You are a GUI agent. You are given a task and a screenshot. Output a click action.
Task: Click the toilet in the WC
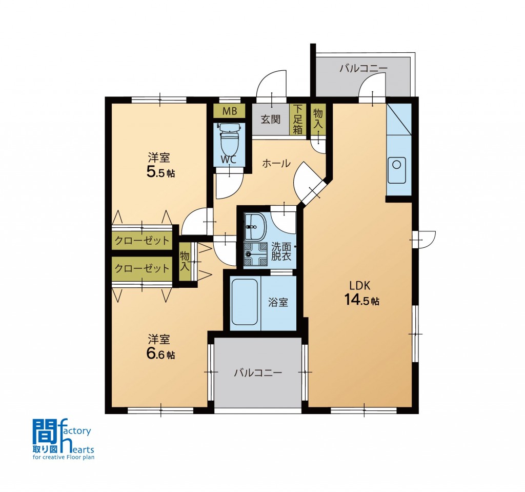pos(229,139)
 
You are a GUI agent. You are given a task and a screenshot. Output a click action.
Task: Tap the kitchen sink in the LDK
pos(396,170)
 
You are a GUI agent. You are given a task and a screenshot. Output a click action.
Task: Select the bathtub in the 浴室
pos(245,302)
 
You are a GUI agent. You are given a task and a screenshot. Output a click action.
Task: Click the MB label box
pos(230,111)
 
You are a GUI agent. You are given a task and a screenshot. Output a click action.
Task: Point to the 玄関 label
pos(271,120)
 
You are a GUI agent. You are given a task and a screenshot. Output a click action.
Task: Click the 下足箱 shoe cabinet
pos(298,120)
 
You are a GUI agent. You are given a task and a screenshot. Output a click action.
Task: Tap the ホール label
pos(276,164)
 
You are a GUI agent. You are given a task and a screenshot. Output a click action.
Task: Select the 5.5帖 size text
pos(160,172)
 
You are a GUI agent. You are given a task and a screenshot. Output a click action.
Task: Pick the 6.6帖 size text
pos(160,355)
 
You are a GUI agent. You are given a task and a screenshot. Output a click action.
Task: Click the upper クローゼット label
pos(143,241)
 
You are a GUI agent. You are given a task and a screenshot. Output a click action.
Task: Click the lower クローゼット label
pos(143,268)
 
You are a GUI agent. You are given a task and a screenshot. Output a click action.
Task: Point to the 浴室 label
pos(278,302)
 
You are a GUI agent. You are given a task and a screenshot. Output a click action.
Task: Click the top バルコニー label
pos(364,69)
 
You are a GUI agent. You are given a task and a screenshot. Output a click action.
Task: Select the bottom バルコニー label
pos(258,372)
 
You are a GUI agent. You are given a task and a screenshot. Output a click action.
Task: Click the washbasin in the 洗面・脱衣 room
pos(255,227)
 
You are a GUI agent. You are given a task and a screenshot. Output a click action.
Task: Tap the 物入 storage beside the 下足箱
pos(318,119)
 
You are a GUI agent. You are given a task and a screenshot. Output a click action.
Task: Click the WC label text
pos(229,160)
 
